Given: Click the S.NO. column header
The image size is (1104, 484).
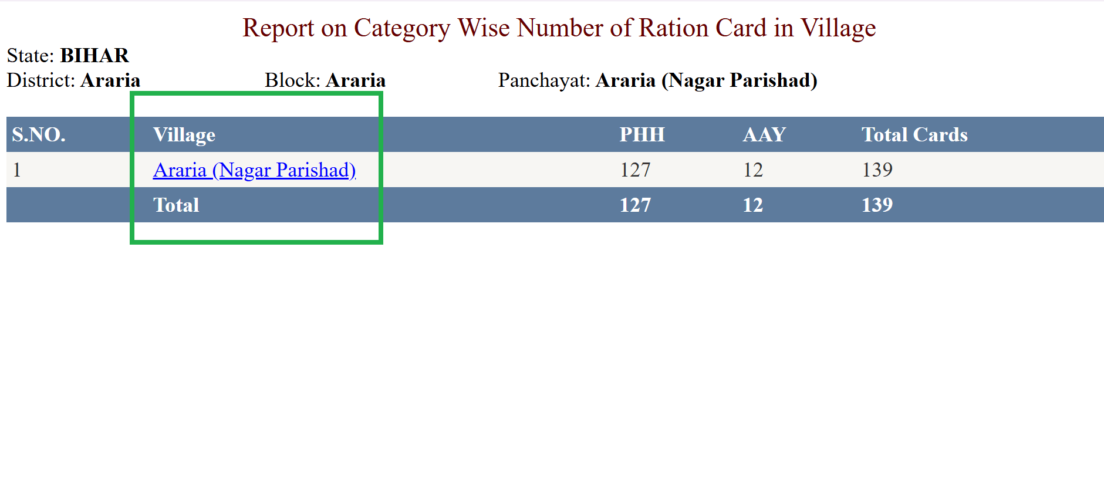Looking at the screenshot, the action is [39, 134].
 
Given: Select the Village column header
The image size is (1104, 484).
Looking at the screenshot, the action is [184, 135].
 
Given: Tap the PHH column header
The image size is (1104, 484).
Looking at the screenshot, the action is [642, 134].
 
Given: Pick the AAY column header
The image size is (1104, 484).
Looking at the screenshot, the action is [764, 134].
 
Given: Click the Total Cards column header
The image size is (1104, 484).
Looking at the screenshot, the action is [914, 134].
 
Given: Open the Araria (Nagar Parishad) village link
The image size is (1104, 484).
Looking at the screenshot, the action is [255, 170].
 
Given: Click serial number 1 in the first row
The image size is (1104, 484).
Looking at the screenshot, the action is [17, 170].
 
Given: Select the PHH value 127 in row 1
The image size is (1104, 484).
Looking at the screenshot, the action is [635, 170].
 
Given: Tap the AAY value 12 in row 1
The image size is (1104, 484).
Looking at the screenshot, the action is [753, 170].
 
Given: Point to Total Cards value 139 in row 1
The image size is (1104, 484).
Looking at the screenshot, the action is [877, 170].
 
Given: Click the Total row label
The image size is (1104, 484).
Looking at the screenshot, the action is [176, 205].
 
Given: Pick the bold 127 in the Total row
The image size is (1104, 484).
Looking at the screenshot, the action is [635, 205].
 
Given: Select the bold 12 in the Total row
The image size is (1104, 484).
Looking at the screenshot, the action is [753, 205].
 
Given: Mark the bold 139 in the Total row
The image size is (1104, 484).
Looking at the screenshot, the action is [877, 205].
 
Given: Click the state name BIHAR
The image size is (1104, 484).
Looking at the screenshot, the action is [94, 55].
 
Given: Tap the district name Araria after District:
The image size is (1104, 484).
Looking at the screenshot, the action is [110, 80].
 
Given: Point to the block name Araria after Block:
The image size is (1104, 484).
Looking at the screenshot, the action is [356, 80].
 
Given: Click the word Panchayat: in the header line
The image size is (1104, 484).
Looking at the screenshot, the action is [544, 80].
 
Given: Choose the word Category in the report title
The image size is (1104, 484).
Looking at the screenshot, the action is [402, 28].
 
